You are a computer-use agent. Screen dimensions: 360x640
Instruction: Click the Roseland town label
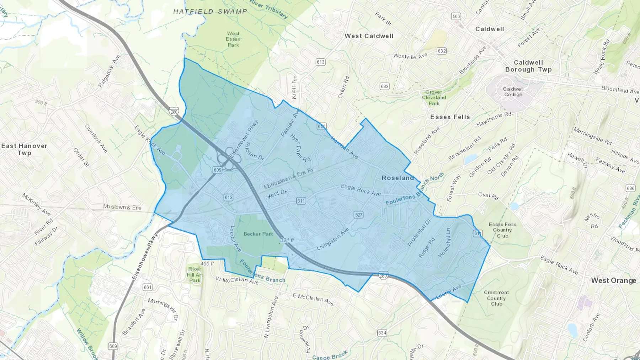pyautogui.click(x=398, y=178)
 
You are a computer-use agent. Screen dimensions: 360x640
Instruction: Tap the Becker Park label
pyautogui.click(x=258, y=234)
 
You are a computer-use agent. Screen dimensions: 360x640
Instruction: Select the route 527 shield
pyautogui.click(x=358, y=215)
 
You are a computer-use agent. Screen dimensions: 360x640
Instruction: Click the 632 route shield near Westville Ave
pyautogui.click(x=442, y=51)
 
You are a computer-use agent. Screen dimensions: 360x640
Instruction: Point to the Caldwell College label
pyautogui.click(x=513, y=92)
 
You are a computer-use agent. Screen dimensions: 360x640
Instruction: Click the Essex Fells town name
pyautogui.click(x=450, y=117)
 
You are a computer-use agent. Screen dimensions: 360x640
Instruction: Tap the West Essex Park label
pyautogui.click(x=233, y=39)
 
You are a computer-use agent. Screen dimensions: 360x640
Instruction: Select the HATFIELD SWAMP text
pyautogui.click(x=210, y=11)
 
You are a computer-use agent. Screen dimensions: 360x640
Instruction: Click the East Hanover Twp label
pyautogui.click(x=24, y=149)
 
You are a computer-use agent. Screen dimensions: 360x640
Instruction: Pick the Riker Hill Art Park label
pyautogui.click(x=195, y=274)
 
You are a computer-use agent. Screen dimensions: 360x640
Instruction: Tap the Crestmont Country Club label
pyautogui.click(x=496, y=298)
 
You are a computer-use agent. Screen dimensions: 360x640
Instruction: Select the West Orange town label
pyautogui.click(x=613, y=280)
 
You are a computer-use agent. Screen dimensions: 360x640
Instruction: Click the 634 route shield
pyautogui.click(x=382, y=333)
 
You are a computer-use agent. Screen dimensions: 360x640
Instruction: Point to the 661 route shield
pyautogui.click(x=148, y=287)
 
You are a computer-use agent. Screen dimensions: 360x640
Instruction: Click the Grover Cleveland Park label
pyautogui.click(x=434, y=97)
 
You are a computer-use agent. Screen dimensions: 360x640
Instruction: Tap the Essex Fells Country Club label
pyautogui.click(x=502, y=230)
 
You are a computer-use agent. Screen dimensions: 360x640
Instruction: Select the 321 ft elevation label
pyautogui.click(x=287, y=240)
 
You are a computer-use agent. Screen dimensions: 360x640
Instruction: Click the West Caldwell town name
pyautogui.click(x=369, y=36)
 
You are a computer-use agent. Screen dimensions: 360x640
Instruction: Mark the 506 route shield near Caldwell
pyautogui.click(x=456, y=16)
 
